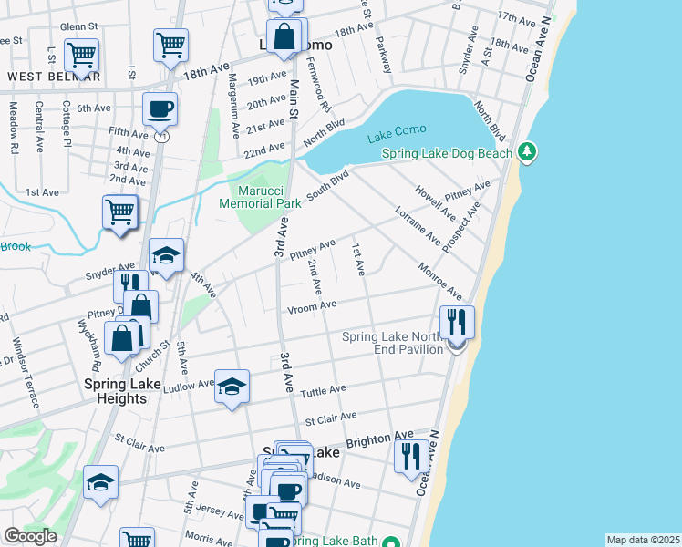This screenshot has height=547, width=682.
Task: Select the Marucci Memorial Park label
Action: (x=259, y=197)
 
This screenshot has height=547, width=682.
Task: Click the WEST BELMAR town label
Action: (x=54, y=77)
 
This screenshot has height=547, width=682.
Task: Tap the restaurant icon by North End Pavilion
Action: (x=457, y=322)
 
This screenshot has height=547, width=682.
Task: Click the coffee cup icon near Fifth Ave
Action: (x=160, y=109)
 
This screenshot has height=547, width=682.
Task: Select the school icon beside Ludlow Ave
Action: (x=232, y=387)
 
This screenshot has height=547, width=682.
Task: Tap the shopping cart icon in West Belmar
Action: (x=82, y=55)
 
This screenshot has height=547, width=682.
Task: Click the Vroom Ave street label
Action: (x=314, y=307)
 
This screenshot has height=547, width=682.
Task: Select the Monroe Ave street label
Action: (x=440, y=282)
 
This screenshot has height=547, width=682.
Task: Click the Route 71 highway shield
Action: (x=160, y=137)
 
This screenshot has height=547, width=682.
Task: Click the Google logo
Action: (x=30, y=536)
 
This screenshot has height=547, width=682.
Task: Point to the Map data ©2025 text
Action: (x=643, y=540)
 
